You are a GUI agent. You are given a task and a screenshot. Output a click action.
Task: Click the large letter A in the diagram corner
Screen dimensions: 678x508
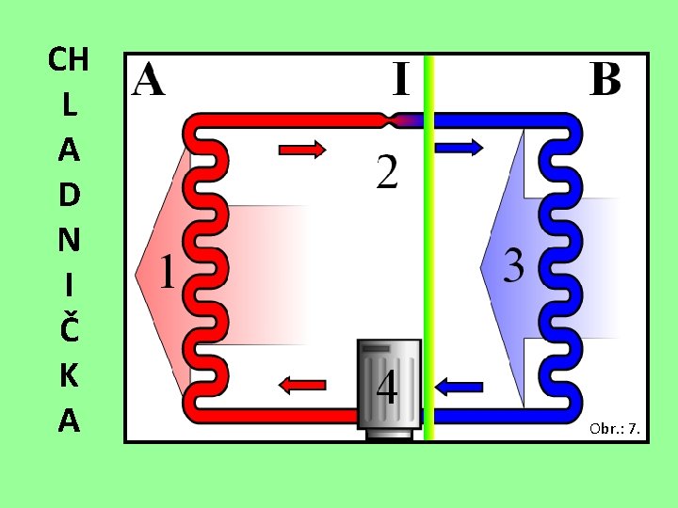click(148, 79)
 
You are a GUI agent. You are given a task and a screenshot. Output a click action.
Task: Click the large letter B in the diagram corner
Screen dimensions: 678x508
click(605, 79)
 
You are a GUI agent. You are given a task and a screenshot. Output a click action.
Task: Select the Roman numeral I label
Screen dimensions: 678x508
click(401, 79)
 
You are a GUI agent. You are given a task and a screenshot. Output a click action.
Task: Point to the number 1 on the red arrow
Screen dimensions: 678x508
click(168, 272)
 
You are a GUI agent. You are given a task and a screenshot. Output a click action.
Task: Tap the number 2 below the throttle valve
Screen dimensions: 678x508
click(387, 171)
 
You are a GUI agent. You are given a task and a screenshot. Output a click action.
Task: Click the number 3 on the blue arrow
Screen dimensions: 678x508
click(514, 266)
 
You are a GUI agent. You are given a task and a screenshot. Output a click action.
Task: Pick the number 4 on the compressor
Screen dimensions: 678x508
click(387, 389)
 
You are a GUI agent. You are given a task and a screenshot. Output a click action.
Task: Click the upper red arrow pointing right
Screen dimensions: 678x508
click(302, 150)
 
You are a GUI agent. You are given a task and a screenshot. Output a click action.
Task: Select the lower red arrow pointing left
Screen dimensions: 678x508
click(302, 385)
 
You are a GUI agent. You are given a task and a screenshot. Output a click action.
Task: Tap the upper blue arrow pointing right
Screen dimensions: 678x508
click(460, 148)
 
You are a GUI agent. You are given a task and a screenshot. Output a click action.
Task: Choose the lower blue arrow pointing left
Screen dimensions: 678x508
click(459, 387)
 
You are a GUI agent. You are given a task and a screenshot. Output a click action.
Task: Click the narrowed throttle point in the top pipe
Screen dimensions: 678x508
click(392, 120)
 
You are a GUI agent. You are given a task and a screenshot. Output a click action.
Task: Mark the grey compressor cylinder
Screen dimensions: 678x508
click(389, 389)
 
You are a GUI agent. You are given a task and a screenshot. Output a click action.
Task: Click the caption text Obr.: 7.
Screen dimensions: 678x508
click(614, 429)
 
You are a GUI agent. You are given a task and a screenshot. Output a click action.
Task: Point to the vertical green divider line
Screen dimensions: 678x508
click(428, 247)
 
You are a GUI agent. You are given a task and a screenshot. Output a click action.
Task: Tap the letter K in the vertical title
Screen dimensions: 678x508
click(69, 375)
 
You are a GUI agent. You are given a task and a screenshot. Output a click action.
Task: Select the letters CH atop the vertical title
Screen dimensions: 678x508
click(69, 59)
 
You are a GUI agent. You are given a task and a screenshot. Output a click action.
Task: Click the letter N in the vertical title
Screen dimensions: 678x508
click(69, 239)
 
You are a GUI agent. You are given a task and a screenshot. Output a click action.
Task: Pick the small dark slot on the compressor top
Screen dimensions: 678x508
click(376, 348)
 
